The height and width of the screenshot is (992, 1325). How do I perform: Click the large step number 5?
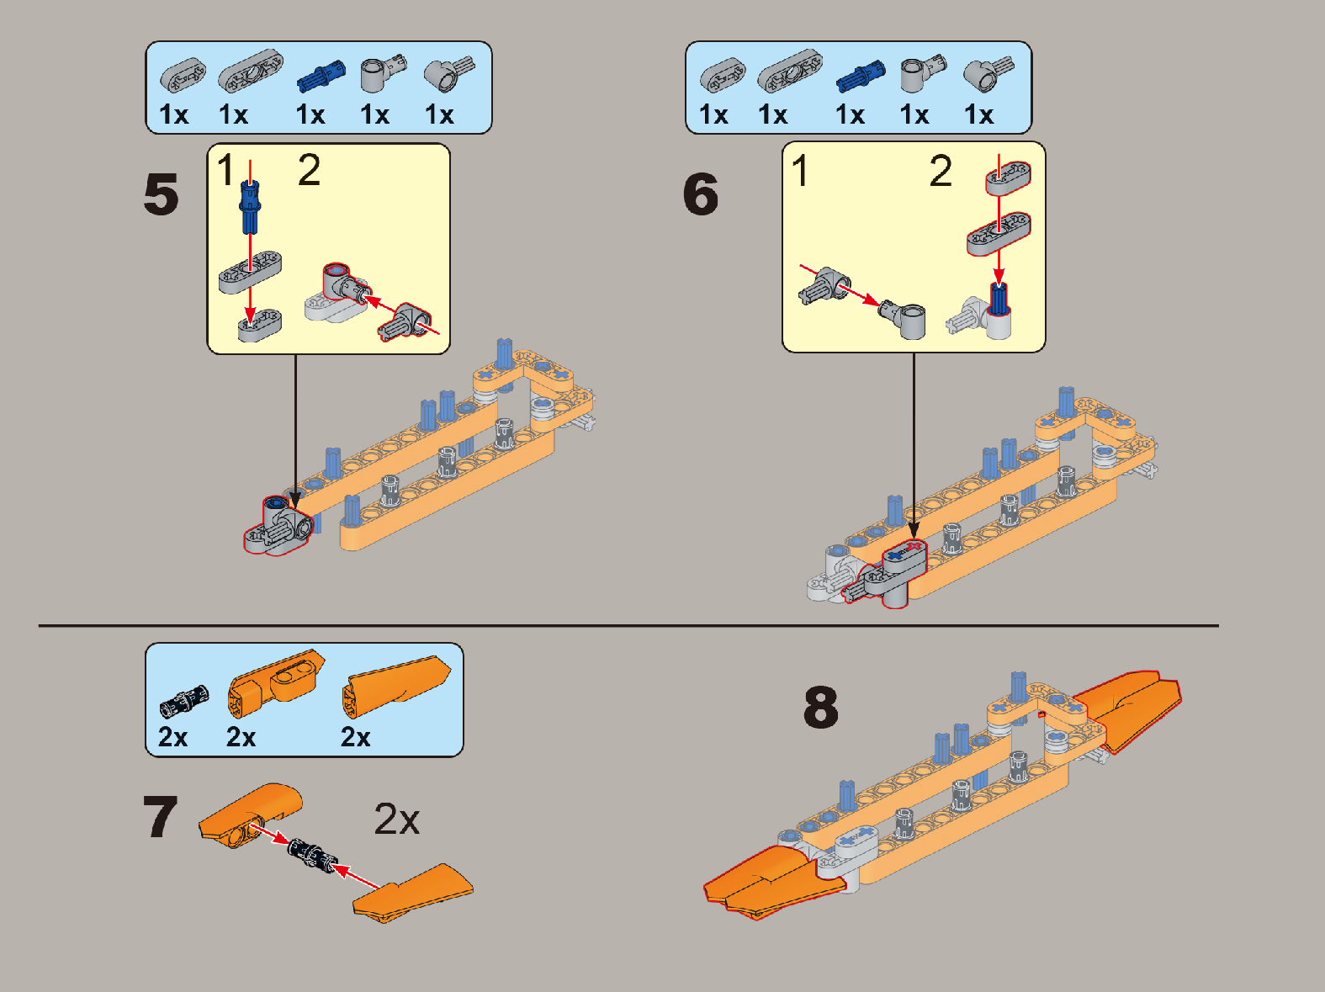[x=162, y=194]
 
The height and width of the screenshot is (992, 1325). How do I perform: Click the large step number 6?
[x=701, y=194]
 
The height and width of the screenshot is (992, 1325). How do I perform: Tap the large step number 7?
[x=161, y=816]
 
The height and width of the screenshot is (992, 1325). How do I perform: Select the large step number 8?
[x=821, y=707]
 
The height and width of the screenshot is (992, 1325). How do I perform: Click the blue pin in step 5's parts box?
[x=321, y=77]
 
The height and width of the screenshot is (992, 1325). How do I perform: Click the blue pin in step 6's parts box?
[x=861, y=77]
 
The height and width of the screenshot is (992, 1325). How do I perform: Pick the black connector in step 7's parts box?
[x=184, y=701]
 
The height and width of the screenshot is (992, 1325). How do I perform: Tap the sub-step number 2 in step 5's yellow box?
[x=309, y=170]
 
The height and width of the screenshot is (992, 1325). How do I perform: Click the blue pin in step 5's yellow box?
[x=250, y=206]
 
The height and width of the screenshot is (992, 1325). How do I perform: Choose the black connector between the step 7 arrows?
[x=311, y=857]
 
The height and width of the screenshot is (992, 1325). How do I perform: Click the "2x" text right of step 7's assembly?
[x=396, y=820]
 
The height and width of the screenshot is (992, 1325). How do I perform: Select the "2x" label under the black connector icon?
[x=172, y=737]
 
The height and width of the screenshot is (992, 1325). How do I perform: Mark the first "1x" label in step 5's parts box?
[x=174, y=114]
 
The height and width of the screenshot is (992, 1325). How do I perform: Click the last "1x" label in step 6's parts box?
[x=979, y=114]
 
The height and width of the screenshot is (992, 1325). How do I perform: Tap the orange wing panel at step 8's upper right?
[x=1126, y=711]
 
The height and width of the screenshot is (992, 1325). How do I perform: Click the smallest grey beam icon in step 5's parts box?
[x=183, y=76]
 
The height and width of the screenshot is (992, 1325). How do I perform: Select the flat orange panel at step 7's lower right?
[x=413, y=894]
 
